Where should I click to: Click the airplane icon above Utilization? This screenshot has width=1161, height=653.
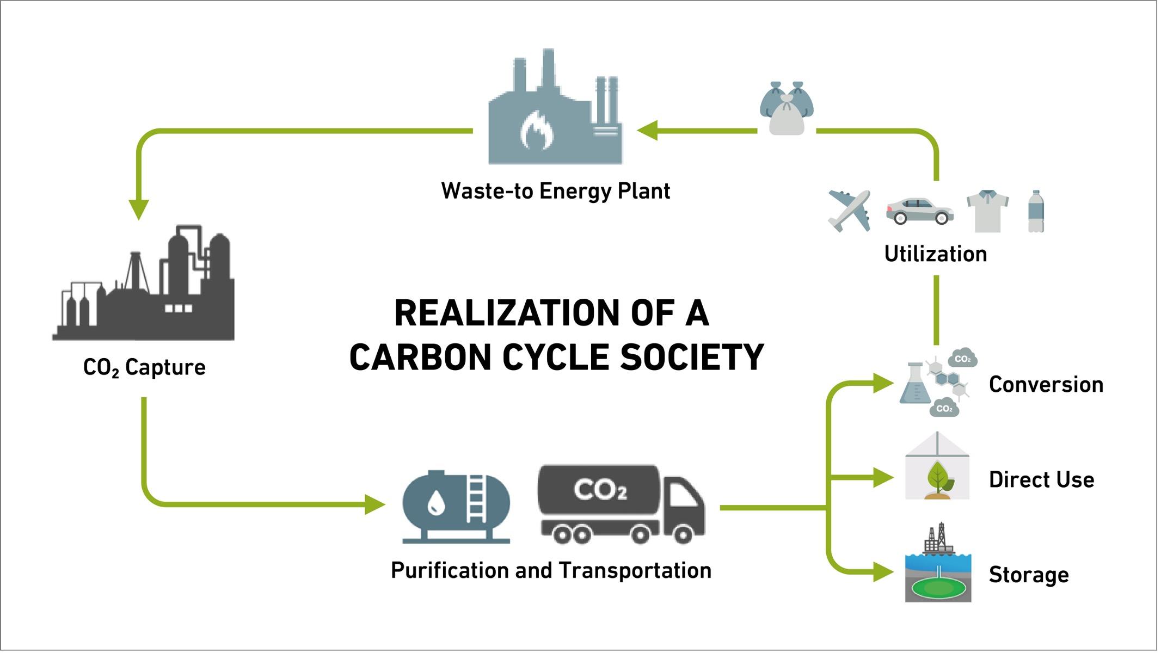849,211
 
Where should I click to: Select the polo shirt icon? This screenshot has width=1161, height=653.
987,211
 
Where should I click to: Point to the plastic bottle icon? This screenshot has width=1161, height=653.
1036,212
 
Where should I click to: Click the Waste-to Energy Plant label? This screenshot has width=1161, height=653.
555,191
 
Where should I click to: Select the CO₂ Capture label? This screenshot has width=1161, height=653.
144,368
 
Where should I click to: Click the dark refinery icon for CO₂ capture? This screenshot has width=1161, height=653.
144,282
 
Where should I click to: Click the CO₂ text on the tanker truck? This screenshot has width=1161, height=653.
600,490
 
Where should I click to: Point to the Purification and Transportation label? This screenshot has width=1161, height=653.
551,571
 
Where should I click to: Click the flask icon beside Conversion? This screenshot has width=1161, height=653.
914,383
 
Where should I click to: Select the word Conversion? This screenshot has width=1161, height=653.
1046,385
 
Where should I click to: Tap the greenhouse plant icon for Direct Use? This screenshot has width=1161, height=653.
937,466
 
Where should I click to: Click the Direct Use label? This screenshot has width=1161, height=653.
1041,480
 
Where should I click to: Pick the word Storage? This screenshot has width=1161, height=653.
1029,575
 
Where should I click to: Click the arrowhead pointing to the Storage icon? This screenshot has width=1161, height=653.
884,572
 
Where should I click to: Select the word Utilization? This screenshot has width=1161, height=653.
936,254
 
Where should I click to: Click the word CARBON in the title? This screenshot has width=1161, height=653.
420,358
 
